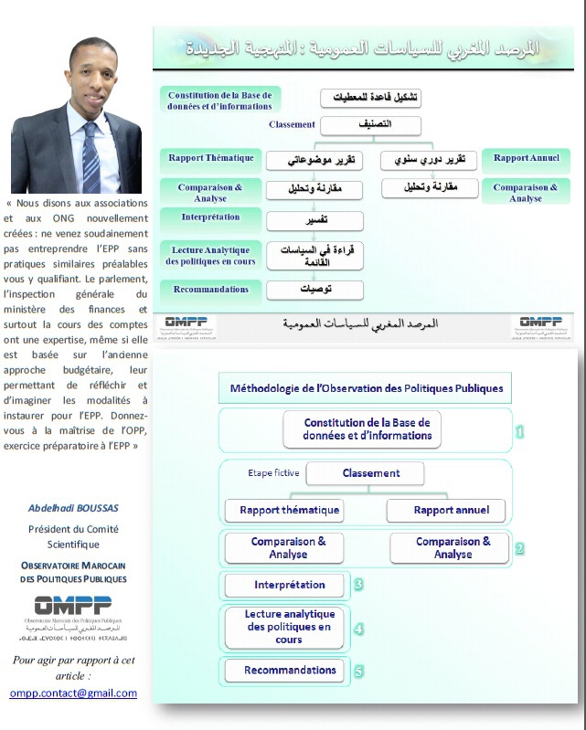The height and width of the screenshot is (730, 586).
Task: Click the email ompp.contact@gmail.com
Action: coord(73,693)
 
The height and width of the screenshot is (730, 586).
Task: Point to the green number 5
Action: coord(358,671)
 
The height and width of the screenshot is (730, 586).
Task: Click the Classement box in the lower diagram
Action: coord(365,473)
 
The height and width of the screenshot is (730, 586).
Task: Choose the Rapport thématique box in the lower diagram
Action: coord(283,510)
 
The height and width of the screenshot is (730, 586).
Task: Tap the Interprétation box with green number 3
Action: coord(284,585)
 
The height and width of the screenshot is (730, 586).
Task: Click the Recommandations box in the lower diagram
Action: coord(284,671)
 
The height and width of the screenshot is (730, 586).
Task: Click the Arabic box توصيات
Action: coord(314,291)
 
